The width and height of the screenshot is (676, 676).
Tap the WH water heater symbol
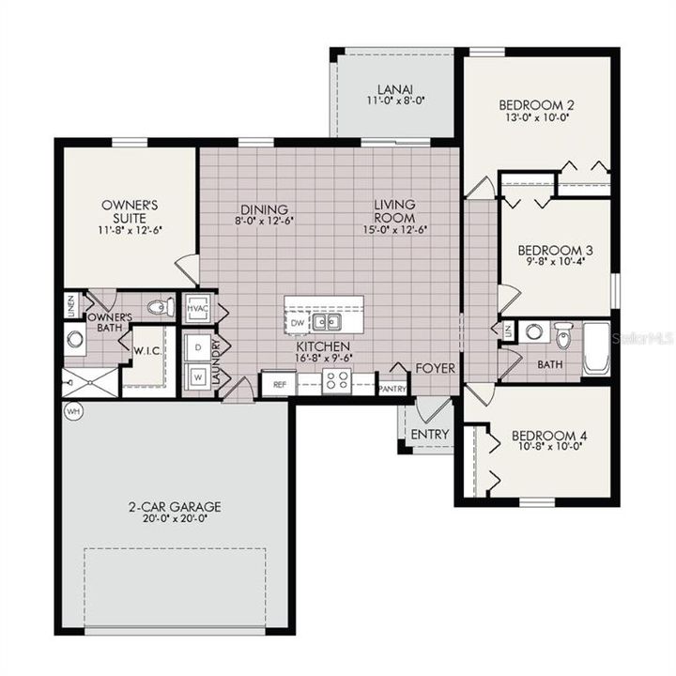pyautogui.click(x=70, y=411)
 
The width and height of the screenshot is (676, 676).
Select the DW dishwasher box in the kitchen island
pyautogui.click(x=298, y=322)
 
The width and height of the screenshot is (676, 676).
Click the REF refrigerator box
pyautogui.click(x=279, y=384)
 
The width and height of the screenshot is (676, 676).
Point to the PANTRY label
pyautogui.click(x=392, y=386)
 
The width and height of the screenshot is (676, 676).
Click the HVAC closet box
pyautogui.click(x=197, y=307)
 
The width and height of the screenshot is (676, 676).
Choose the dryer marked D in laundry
pyautogui.click(x=198, y=346)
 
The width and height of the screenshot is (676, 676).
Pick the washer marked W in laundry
pyautogui.click(x=198, y=377)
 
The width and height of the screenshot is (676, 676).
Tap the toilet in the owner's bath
pyautogui.click(x=161, y=307)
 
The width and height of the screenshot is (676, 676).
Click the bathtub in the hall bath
pyautogui.click(x=596, y=347)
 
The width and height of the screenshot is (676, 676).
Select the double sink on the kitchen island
pyautogui.click(x=327, y=322)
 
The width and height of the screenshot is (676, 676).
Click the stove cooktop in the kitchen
pyautogui.click(x=336, y=381)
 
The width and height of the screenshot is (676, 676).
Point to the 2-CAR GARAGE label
pyautogui.click(x=175, y=506)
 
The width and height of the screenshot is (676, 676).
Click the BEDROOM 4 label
pyautogui.click(x=549, y=436)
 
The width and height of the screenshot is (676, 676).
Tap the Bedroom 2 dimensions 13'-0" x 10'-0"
pyautogui.click(x=535, y=118)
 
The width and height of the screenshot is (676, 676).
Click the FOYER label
pyautogui.click(x=436, y=368)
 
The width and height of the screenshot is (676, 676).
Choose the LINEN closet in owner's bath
pyautogui.click(x=70, y=306)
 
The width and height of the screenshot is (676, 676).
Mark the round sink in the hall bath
pyautogui.click(x=533, y=330)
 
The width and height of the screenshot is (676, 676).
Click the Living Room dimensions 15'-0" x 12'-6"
pyautogui.click(x=394, y=228)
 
